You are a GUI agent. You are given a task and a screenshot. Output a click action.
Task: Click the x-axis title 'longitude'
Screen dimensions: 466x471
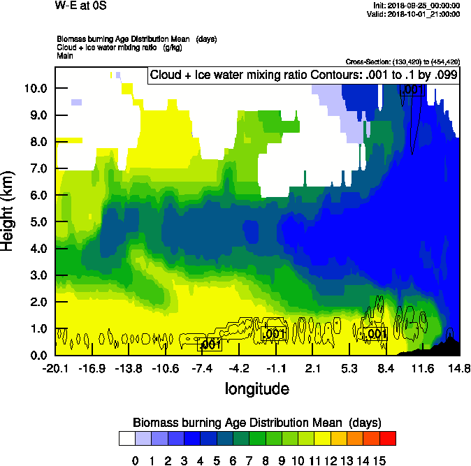pos(256,388)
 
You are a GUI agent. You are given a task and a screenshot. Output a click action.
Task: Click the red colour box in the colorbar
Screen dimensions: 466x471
pos(388,439)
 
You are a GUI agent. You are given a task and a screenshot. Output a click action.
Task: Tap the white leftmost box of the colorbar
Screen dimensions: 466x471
pos(126,439)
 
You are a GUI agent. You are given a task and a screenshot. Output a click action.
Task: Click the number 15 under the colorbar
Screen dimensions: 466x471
pos(379,461)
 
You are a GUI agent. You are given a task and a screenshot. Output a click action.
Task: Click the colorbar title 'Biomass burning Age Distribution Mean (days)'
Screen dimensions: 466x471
pos(256,423)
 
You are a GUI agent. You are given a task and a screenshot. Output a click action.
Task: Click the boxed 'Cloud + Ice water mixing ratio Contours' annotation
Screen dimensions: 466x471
pos(303,75)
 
